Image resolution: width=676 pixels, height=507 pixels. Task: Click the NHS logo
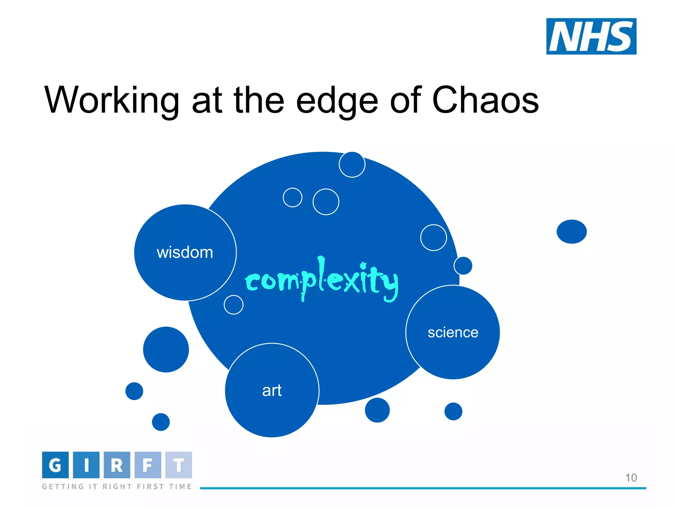click(x=591, y=36)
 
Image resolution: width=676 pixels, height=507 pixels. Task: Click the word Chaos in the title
click(x=485, y=100)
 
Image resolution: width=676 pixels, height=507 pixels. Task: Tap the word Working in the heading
click(x=112, y=100)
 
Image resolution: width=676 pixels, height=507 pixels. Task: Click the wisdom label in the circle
click(x=185, y=253)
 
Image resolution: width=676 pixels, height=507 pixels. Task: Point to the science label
click(x=453, y=332)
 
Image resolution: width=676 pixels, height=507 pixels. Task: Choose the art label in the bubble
click(x=272, y=390)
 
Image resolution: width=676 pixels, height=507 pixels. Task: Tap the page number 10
click(x=631, y=478)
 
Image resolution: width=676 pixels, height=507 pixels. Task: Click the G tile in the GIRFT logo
click(x=55, y=465)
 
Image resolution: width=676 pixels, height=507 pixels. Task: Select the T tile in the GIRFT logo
click(x=179, y=465)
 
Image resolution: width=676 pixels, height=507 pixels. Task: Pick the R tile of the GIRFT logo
click(x=117, y=465)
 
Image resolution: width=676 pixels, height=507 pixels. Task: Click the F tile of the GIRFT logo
click(x=148, y=465)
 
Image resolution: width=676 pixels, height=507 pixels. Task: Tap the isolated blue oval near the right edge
click(x=571, y=232)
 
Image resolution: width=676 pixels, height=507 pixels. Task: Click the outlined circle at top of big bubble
click(x=352, y=164)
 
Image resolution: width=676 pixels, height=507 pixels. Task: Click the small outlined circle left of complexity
click(x=233, y=305)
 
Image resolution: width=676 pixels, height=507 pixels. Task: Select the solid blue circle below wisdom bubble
click(x=166, y=350)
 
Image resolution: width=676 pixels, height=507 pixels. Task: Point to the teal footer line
click(x=422, y=488)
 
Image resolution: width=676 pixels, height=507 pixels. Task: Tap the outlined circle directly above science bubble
click(x=463, y=266)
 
